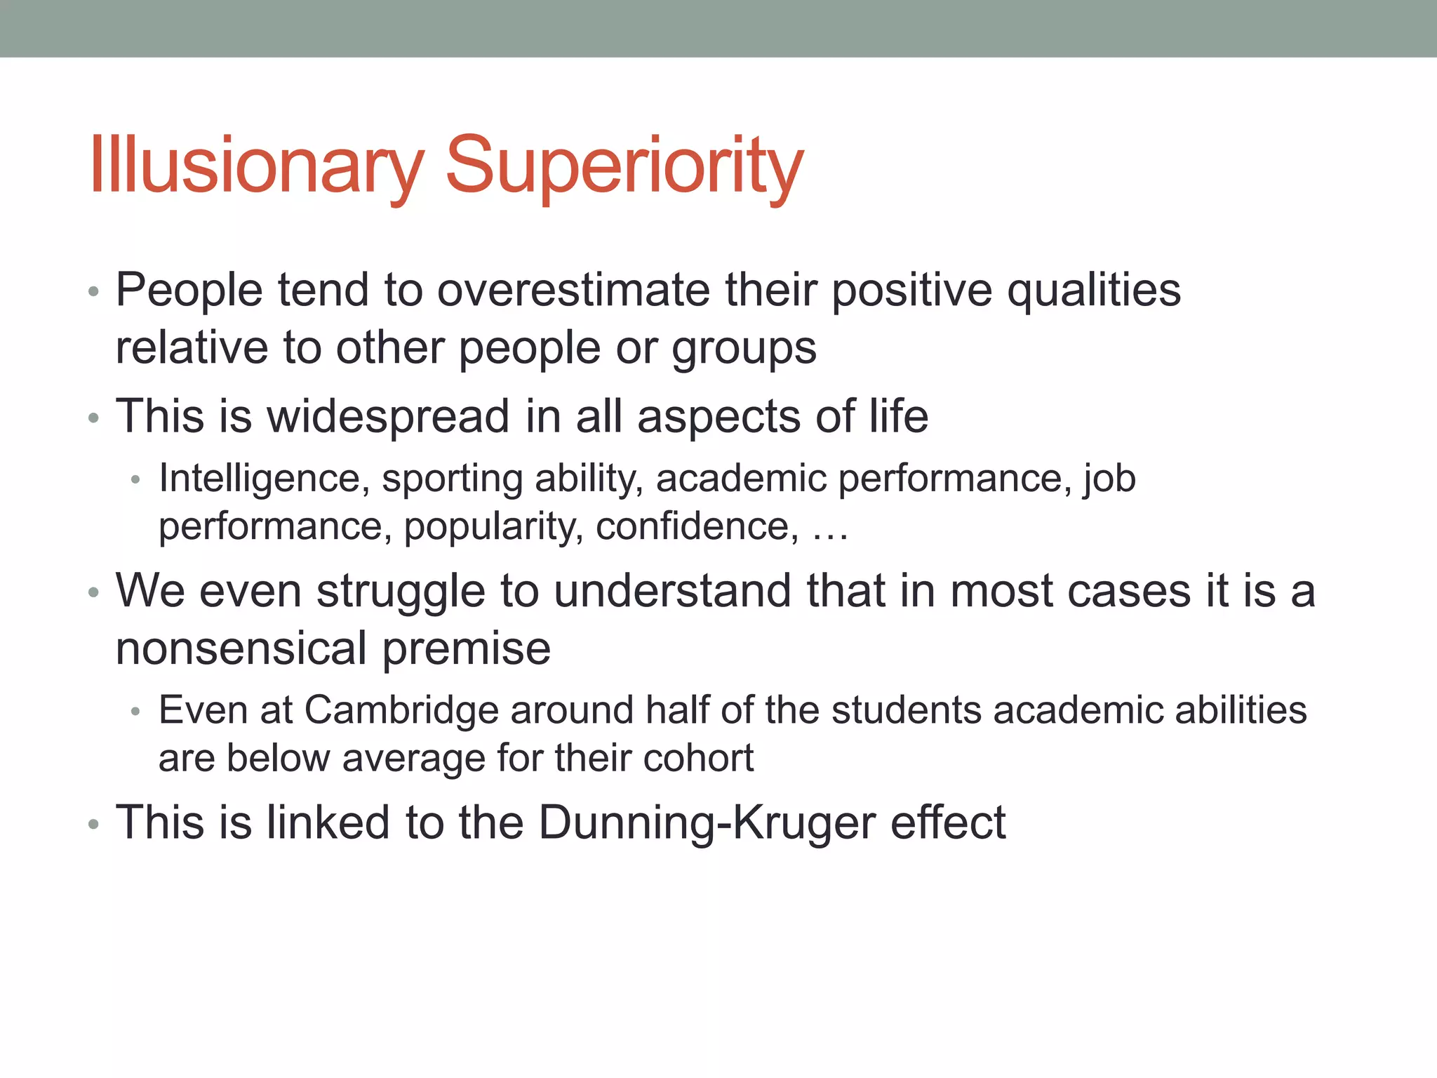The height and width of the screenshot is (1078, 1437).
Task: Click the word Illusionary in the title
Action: (x=257, y=165)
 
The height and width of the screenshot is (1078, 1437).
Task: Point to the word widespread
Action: (x=388, y=416)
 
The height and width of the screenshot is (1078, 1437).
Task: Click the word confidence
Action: (x=697, y=526)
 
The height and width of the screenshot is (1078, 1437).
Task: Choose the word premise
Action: (x=467, y=649)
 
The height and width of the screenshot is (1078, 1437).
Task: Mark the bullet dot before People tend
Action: (x=94, y=292)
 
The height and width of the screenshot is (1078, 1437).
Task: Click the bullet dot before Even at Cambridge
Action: (x=136, y=712)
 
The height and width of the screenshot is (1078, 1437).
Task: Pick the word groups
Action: (x=744, y=349)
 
